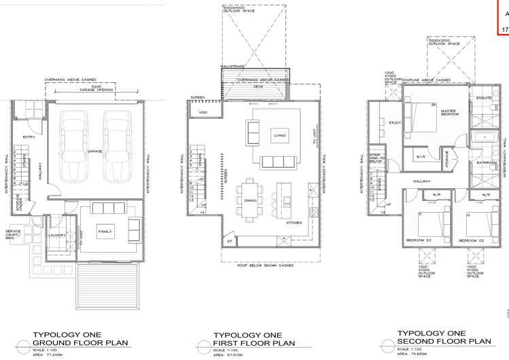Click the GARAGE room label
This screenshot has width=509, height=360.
coord(94,151)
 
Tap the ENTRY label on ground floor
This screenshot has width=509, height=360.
coord(29,138)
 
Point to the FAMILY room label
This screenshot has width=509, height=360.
coord(105,232)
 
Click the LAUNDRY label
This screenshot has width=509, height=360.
coord(57,236)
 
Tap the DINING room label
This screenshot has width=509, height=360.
coord(250,200)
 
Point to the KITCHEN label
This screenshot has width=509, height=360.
coord(294,222)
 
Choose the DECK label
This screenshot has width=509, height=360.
coord(258,86)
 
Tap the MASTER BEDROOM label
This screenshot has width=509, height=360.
coord(449,112)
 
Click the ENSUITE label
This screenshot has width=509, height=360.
coord(483,97)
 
